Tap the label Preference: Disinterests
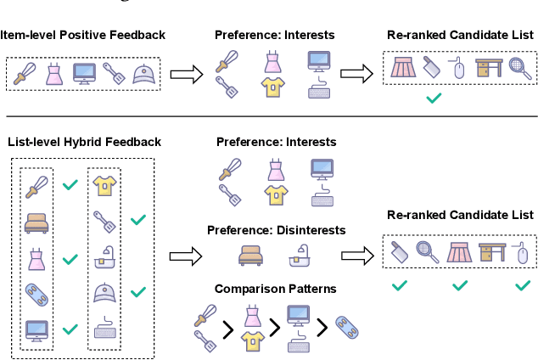click(x=276, y=230)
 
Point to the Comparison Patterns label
click(x=275, y=290)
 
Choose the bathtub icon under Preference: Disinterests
click(x=302, y=256)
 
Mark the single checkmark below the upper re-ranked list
click(x=434, y=99)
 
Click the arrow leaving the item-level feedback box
click(x=186, y=75)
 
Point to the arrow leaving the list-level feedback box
click(x=185, y=254)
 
